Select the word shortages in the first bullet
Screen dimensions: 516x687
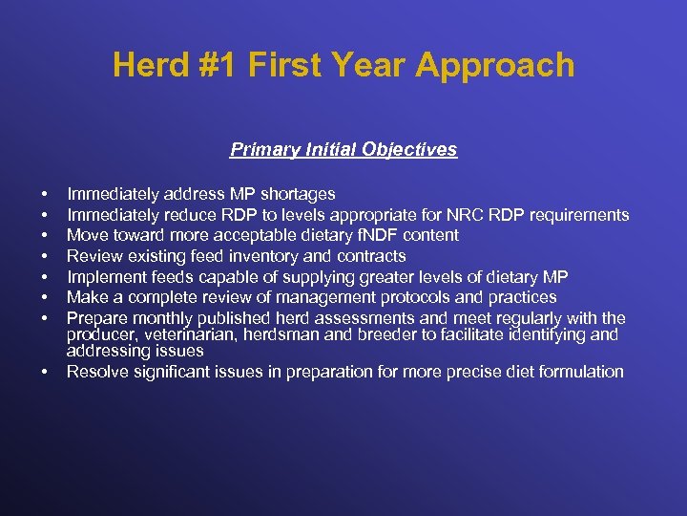click(x=299, y=195)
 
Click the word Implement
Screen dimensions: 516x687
click(x=104, y=277)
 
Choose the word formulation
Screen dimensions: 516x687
click(x=580, y=372)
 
